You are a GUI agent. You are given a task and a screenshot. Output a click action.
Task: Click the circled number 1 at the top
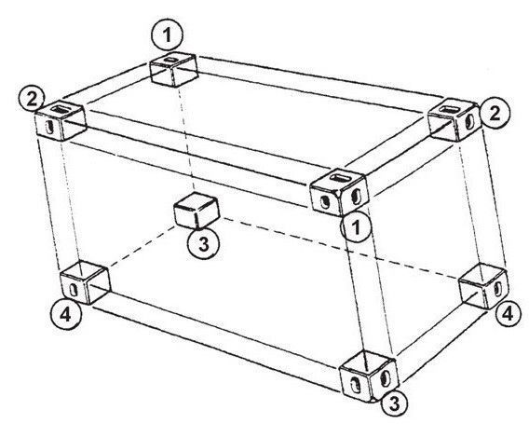[x=167, y=34]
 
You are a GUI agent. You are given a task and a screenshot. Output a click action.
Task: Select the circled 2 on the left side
[x=32, y=99]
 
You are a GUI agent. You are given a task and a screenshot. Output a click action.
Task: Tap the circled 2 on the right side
[x=495, y=114]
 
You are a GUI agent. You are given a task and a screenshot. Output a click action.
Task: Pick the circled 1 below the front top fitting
[x=357, y=227]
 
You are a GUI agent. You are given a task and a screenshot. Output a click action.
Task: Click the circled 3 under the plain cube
[x=204, y=244]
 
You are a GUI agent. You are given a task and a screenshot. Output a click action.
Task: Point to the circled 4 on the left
[x=65, y=315]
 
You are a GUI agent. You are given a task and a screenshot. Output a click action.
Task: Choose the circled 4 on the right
[x=508, y=314]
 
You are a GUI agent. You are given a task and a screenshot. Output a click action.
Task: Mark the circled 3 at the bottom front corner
[x=394, y=404]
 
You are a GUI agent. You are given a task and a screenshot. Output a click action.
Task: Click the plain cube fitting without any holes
[x=197, y=211]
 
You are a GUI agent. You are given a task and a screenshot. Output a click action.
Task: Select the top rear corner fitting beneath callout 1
[x=173, y=70]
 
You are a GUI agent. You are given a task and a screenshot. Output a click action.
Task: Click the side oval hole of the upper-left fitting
[x=49, y=128]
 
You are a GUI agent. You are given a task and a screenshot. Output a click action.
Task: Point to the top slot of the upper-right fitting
[x=447, y=109]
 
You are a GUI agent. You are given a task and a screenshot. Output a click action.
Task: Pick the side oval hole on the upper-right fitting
[x=469, y=123]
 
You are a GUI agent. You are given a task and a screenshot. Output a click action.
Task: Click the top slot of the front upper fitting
[x=339, y=177]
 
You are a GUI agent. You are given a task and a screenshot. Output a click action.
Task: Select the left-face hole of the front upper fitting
[x=325, y=201]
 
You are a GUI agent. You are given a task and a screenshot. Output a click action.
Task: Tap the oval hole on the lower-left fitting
[x=73, y=290]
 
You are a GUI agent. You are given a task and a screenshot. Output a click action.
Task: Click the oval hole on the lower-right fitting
[x=498, y=289]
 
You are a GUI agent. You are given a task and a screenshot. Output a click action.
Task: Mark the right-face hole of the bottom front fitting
[x=385, y=378]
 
